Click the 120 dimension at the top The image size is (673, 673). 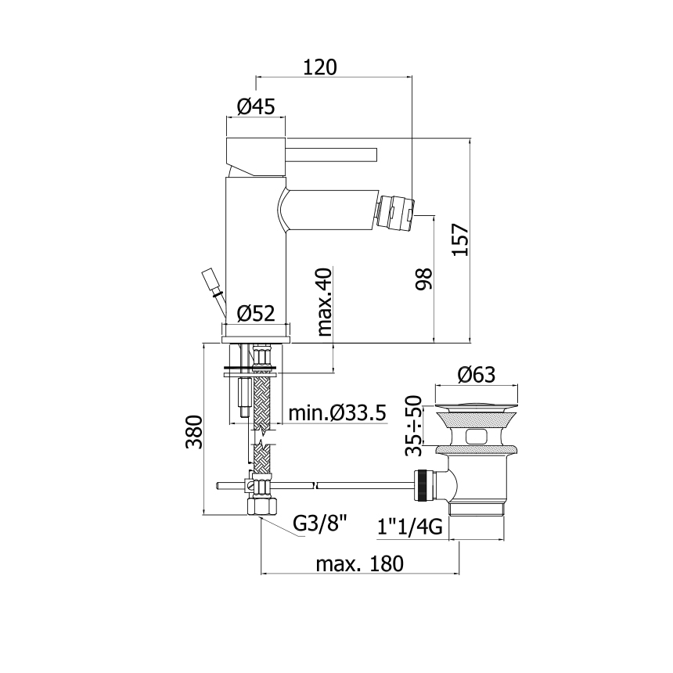pyautogui.click(x=320, y=67)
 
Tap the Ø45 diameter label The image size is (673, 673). pyautogui.click(x=256, y=106)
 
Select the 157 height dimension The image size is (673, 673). pyautogui.click(x=462, y=240)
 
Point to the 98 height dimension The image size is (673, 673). pyautogui.click(x=424, y=279)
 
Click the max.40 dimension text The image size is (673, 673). pyautogui.click(x=325, y=302)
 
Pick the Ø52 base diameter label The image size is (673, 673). pyautogui.click(x=256, y=313)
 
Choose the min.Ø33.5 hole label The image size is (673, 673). pyautogui.click(x=337, y=413)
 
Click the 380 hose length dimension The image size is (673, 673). pyautogui.click(x=194, y=432)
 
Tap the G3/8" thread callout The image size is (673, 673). pyautogui.click(x=320, y=524)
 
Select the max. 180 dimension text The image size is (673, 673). pyautogui.click(x=360, y=563)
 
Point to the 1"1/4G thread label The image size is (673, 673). pyautogui.click(x=410, y=526)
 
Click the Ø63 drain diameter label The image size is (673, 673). pyautogui.click(x=477, y=375)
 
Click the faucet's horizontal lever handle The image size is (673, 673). pyautogui.click(x=331, y=155)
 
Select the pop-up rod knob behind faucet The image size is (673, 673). pyautogui.click(x=210, y=280)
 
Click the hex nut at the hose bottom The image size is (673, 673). pyautogui.click(x=262, y=506)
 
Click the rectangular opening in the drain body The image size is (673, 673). pyautogui.click(x=477, y=437)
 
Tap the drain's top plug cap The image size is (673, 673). pyautogui.click(x=477, y=405)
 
